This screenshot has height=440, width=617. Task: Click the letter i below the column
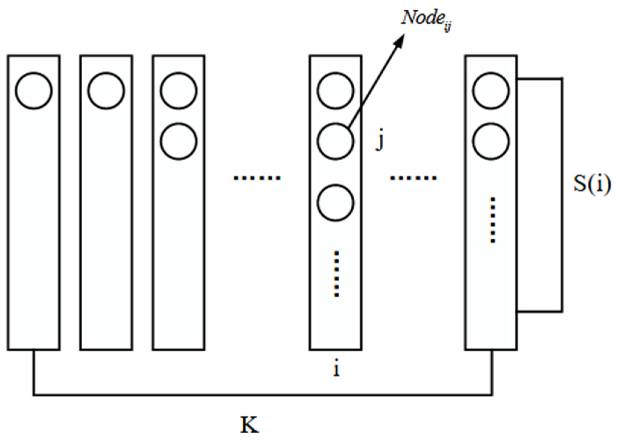(336, 369)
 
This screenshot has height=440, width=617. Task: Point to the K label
(249, 425)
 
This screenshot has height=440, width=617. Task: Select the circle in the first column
(34, 91)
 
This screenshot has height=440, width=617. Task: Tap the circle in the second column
(106, 91)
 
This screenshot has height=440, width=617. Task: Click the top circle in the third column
(179, 91)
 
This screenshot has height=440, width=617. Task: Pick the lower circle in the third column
(179, 141)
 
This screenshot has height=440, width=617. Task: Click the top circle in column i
(335, 91)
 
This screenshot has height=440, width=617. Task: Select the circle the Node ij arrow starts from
(335, 141)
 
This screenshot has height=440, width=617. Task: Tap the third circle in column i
(335, 203)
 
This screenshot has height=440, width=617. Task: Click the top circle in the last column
(491, 91)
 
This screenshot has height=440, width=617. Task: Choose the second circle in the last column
(491, 141)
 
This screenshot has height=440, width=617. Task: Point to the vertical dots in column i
(337, 274)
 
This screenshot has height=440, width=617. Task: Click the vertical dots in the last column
(492, 220)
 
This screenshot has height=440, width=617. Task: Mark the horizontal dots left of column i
(257, 178)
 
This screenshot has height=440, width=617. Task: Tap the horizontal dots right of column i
(413, 178)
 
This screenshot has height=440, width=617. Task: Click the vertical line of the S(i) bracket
(562, 195)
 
